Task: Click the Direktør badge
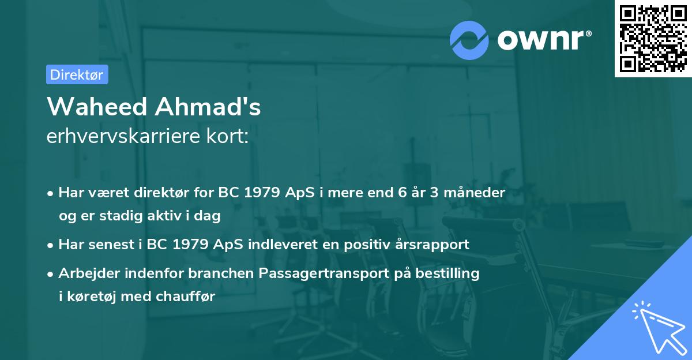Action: (x=77, y=74)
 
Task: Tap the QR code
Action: (x=653, y=39)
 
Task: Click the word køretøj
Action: (x=92, y=297)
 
